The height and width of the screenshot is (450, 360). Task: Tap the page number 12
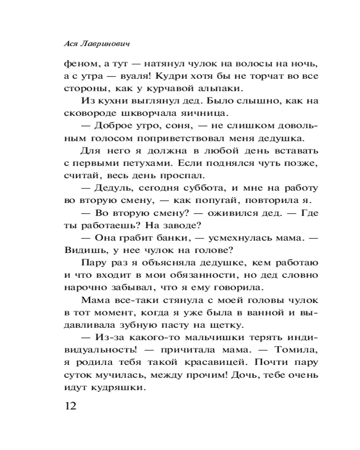pyautogui.click(x=71, y=406)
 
